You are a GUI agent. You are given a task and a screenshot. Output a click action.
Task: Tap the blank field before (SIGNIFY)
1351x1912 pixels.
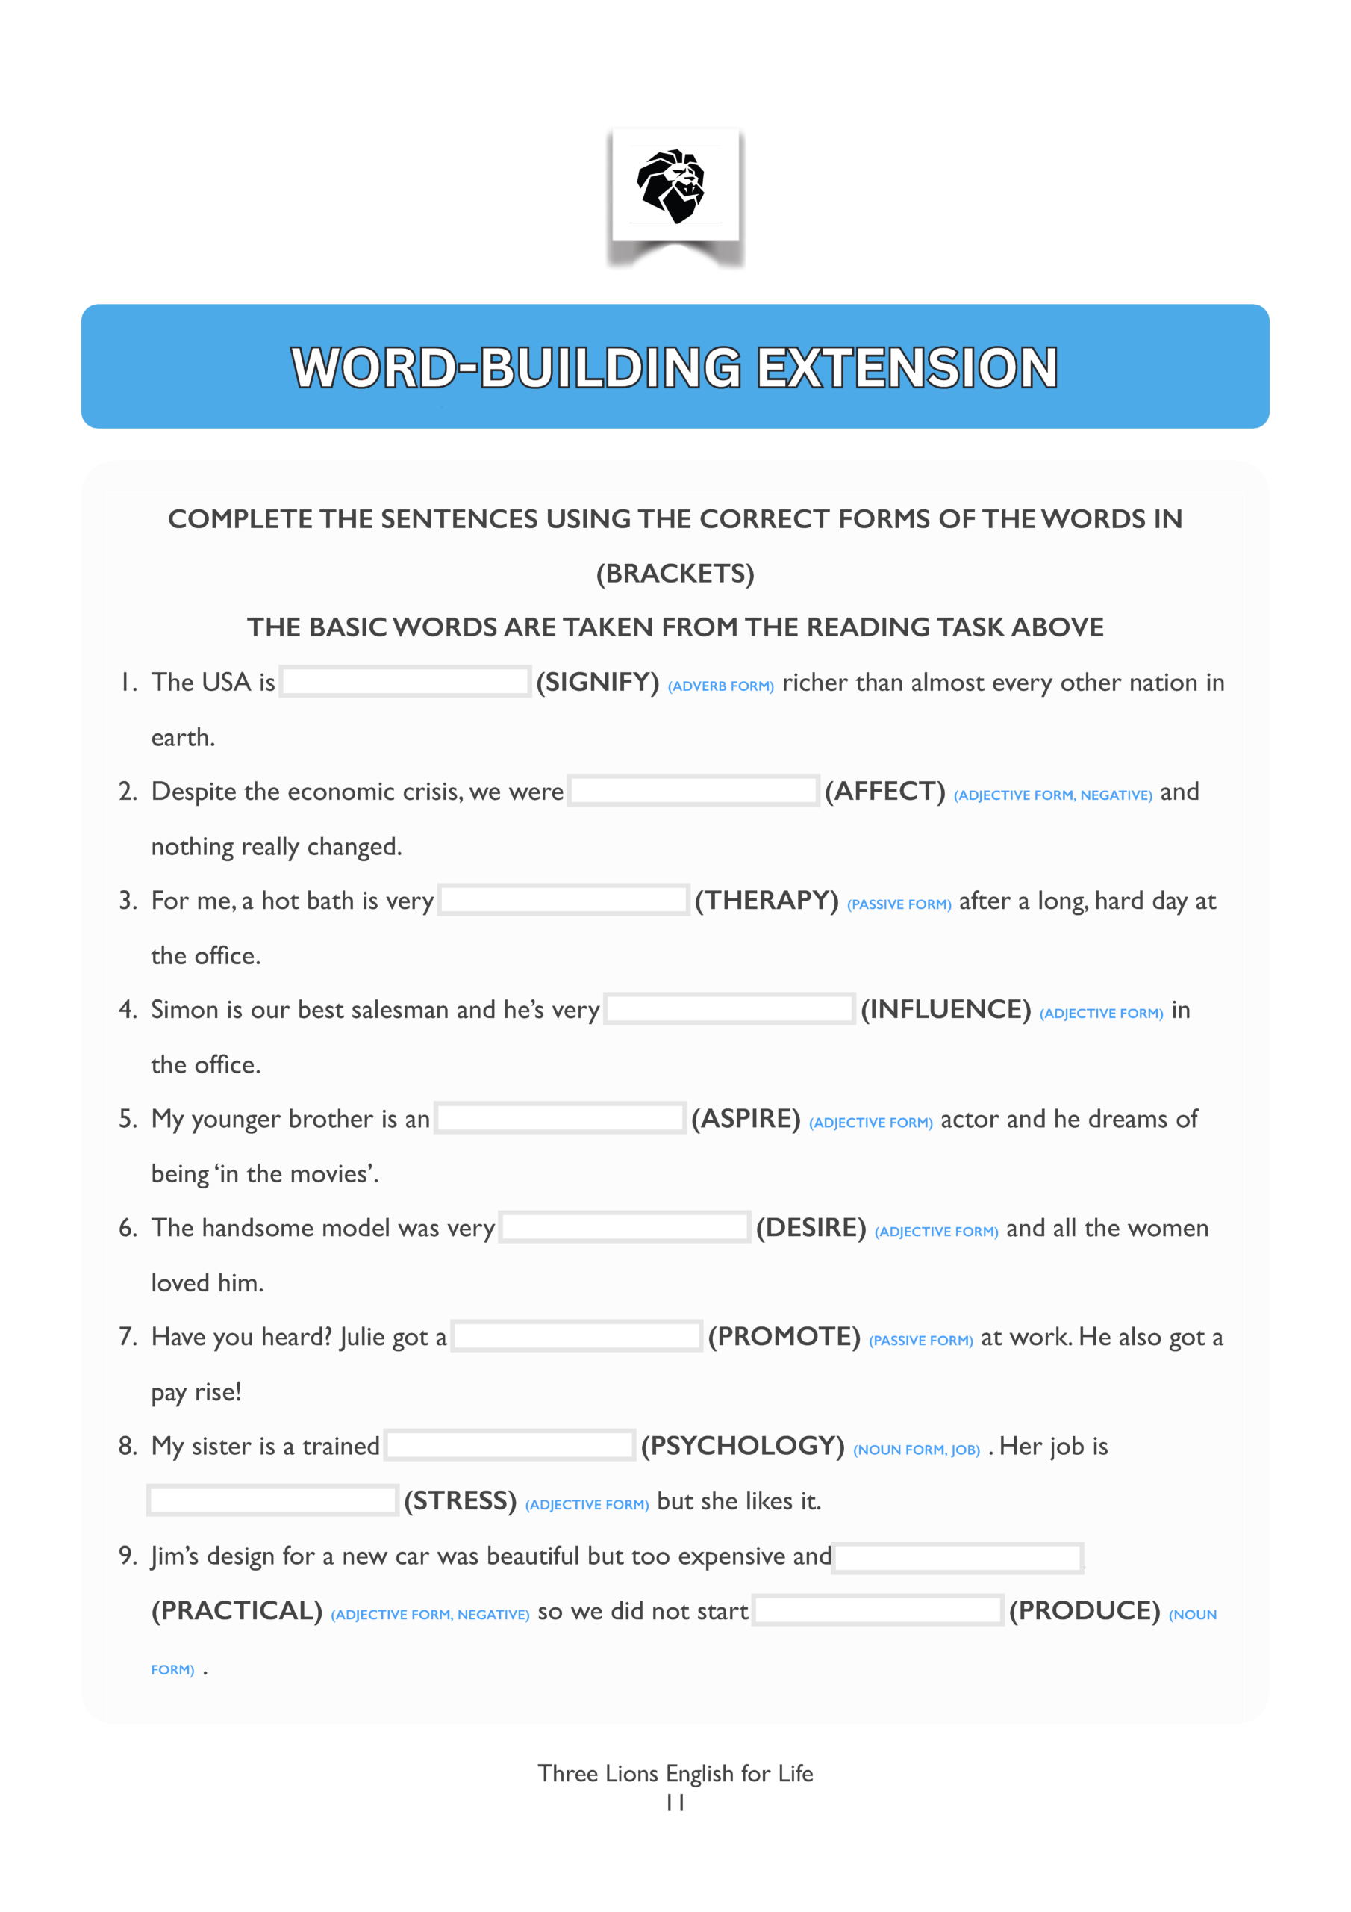click(x=405, y=682)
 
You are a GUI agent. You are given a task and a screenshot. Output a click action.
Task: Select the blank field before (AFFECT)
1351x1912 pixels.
click(x=693, y=791)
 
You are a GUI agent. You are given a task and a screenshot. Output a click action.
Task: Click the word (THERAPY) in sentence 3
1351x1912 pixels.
click(x=767, y=900)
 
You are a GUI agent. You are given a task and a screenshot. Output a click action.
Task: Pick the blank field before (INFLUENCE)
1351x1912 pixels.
click(x=729, y=1009)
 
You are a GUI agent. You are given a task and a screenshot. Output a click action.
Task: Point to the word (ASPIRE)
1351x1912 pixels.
click(x=746, y=1118)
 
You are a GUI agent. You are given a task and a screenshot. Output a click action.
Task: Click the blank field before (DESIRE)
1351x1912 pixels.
click(x=624, y=1227)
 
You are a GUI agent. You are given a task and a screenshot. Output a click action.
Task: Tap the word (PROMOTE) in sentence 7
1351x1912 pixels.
click(x=784, y=1337)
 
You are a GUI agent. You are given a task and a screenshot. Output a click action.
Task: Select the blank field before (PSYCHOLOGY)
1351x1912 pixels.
click(x=511, y=1446)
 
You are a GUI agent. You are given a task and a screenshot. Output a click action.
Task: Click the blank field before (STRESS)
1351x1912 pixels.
click(x=272, y=1500)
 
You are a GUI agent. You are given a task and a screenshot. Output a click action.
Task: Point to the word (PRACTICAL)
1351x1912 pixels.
click(x=237, y=1610)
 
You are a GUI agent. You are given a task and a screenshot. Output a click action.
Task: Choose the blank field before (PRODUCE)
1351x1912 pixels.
click(x=877, y=1610)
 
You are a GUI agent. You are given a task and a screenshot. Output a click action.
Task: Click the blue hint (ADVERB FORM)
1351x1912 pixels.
click(x=721, y=686)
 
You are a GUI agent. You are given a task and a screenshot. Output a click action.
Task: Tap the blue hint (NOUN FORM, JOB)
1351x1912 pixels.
click(x=917, y=1450)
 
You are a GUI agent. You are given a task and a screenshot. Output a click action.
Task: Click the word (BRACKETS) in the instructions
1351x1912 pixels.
click(x=675, y=573)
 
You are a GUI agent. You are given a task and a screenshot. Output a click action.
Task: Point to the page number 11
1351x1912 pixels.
click(x=675, y=1803)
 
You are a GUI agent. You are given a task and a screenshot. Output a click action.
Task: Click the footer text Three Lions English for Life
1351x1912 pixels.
click(x=675, y=1774)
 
